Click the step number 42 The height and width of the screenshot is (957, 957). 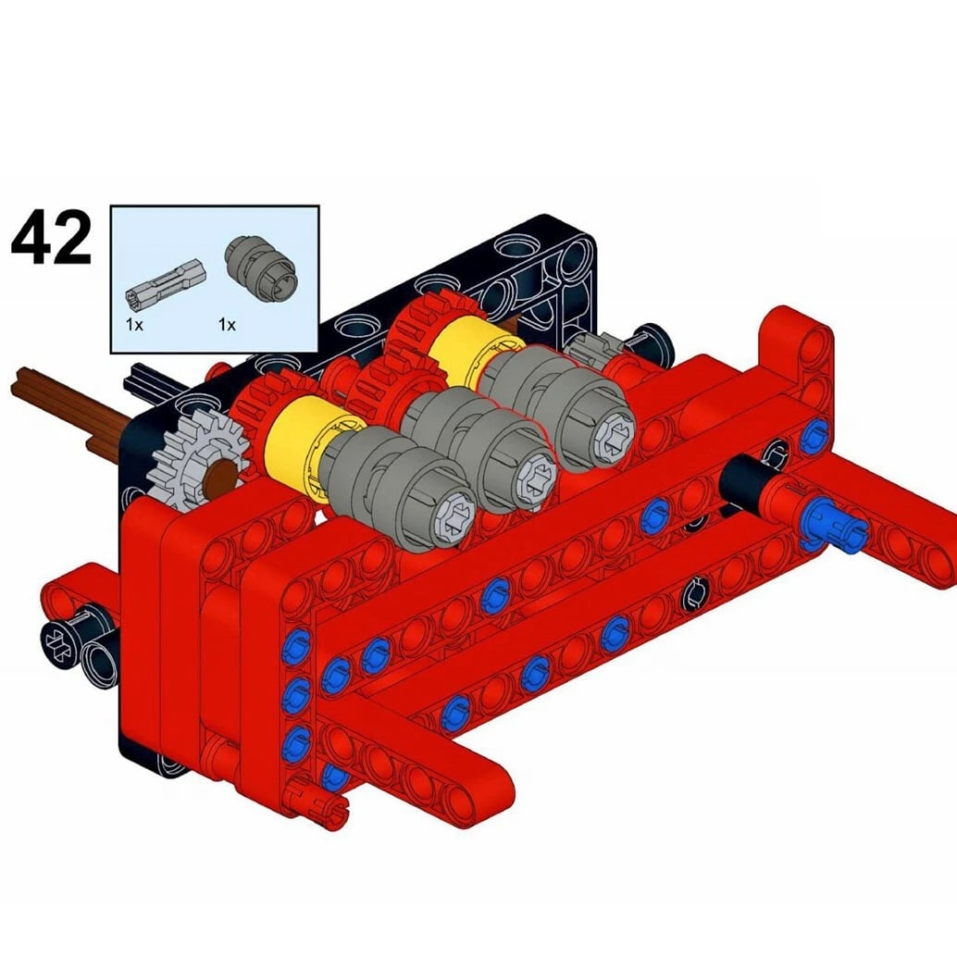[51, 238]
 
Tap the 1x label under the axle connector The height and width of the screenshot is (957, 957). [134, 325]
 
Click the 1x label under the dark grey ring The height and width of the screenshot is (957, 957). [227, 325]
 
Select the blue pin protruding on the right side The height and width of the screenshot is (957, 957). [835, 526]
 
